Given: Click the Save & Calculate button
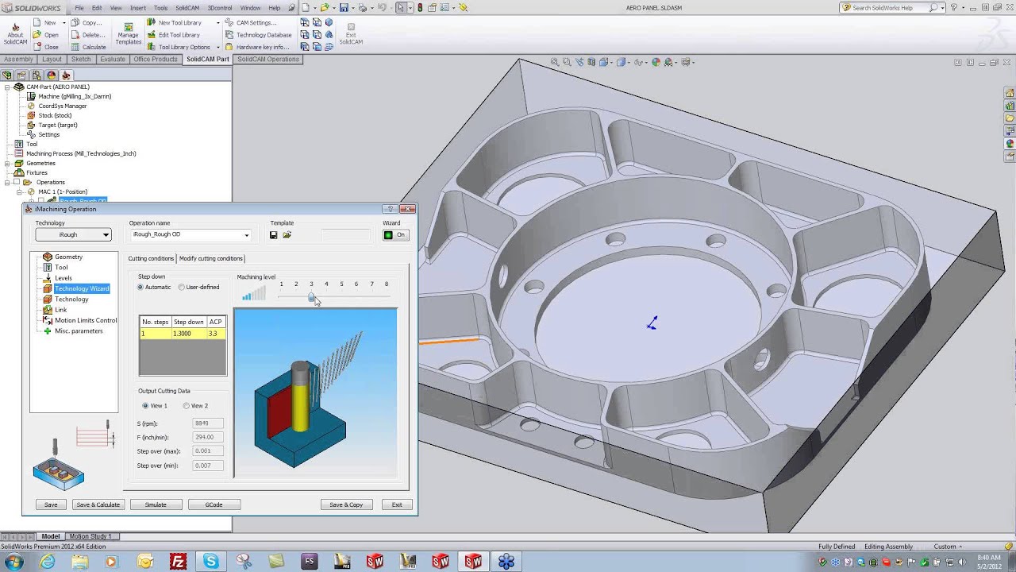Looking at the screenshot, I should pos(98,504).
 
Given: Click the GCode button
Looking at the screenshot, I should pos(214,504).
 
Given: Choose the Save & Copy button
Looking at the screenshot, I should pos(346,504).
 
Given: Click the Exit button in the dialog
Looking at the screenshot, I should pos(397,504).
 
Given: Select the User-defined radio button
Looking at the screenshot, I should pos(182,288).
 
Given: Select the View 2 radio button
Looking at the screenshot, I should pos(187,406).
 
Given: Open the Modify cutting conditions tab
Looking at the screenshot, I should pos(210,258).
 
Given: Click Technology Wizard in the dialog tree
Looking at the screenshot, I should pos(81,288).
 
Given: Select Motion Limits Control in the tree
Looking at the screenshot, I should pos(85,320).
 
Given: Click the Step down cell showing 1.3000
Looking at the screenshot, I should pos(188,334).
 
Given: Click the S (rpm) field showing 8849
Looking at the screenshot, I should pos(208,423).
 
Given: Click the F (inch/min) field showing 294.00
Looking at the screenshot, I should pos(208,437).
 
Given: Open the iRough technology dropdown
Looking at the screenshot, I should pos(83,234).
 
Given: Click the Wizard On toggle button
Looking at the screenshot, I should pos(394,234).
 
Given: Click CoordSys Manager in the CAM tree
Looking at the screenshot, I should pos(62,106).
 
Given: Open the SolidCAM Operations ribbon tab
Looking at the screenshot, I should pos(267,59).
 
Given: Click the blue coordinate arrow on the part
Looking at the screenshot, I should pos(652,323).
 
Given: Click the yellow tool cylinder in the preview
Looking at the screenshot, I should pos(301,401).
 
